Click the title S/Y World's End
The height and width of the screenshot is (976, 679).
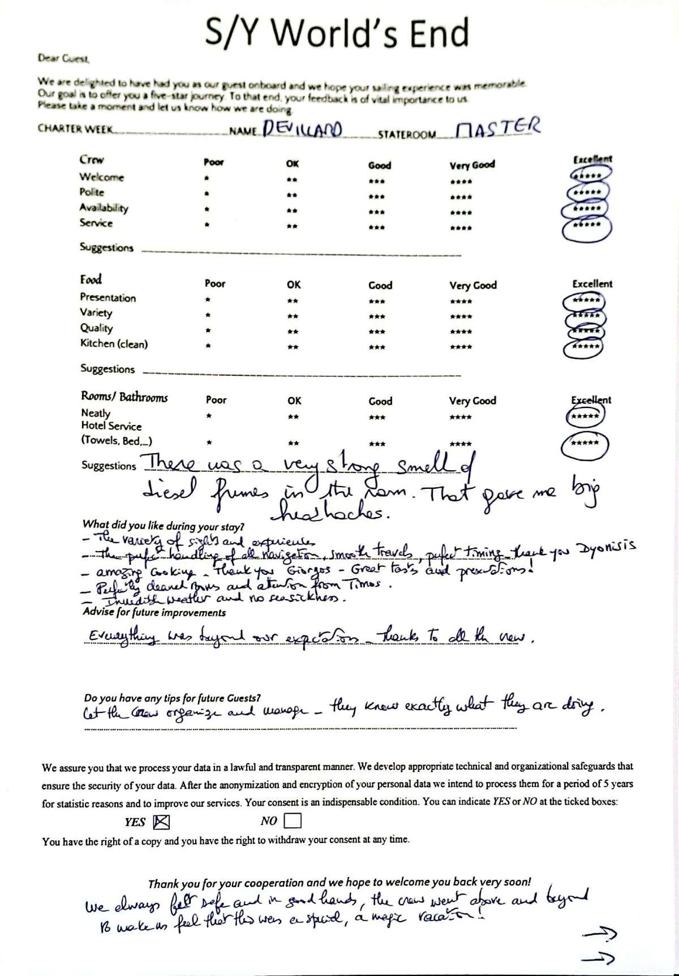(x=337, y=33)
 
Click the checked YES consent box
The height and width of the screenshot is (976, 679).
(x=161, y=821)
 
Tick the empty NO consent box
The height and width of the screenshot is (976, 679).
(x=293, y=820)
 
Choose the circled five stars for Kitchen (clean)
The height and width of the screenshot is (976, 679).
(x=586, y=347)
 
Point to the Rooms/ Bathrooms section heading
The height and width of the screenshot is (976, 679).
(x=124, y=397)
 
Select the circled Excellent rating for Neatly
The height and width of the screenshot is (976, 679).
(x=585, y=418)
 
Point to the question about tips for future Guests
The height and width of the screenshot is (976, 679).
(x=172, y=698)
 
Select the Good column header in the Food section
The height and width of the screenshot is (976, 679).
(x=380, y=285)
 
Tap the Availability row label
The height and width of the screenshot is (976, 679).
(x=104, y=208)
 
